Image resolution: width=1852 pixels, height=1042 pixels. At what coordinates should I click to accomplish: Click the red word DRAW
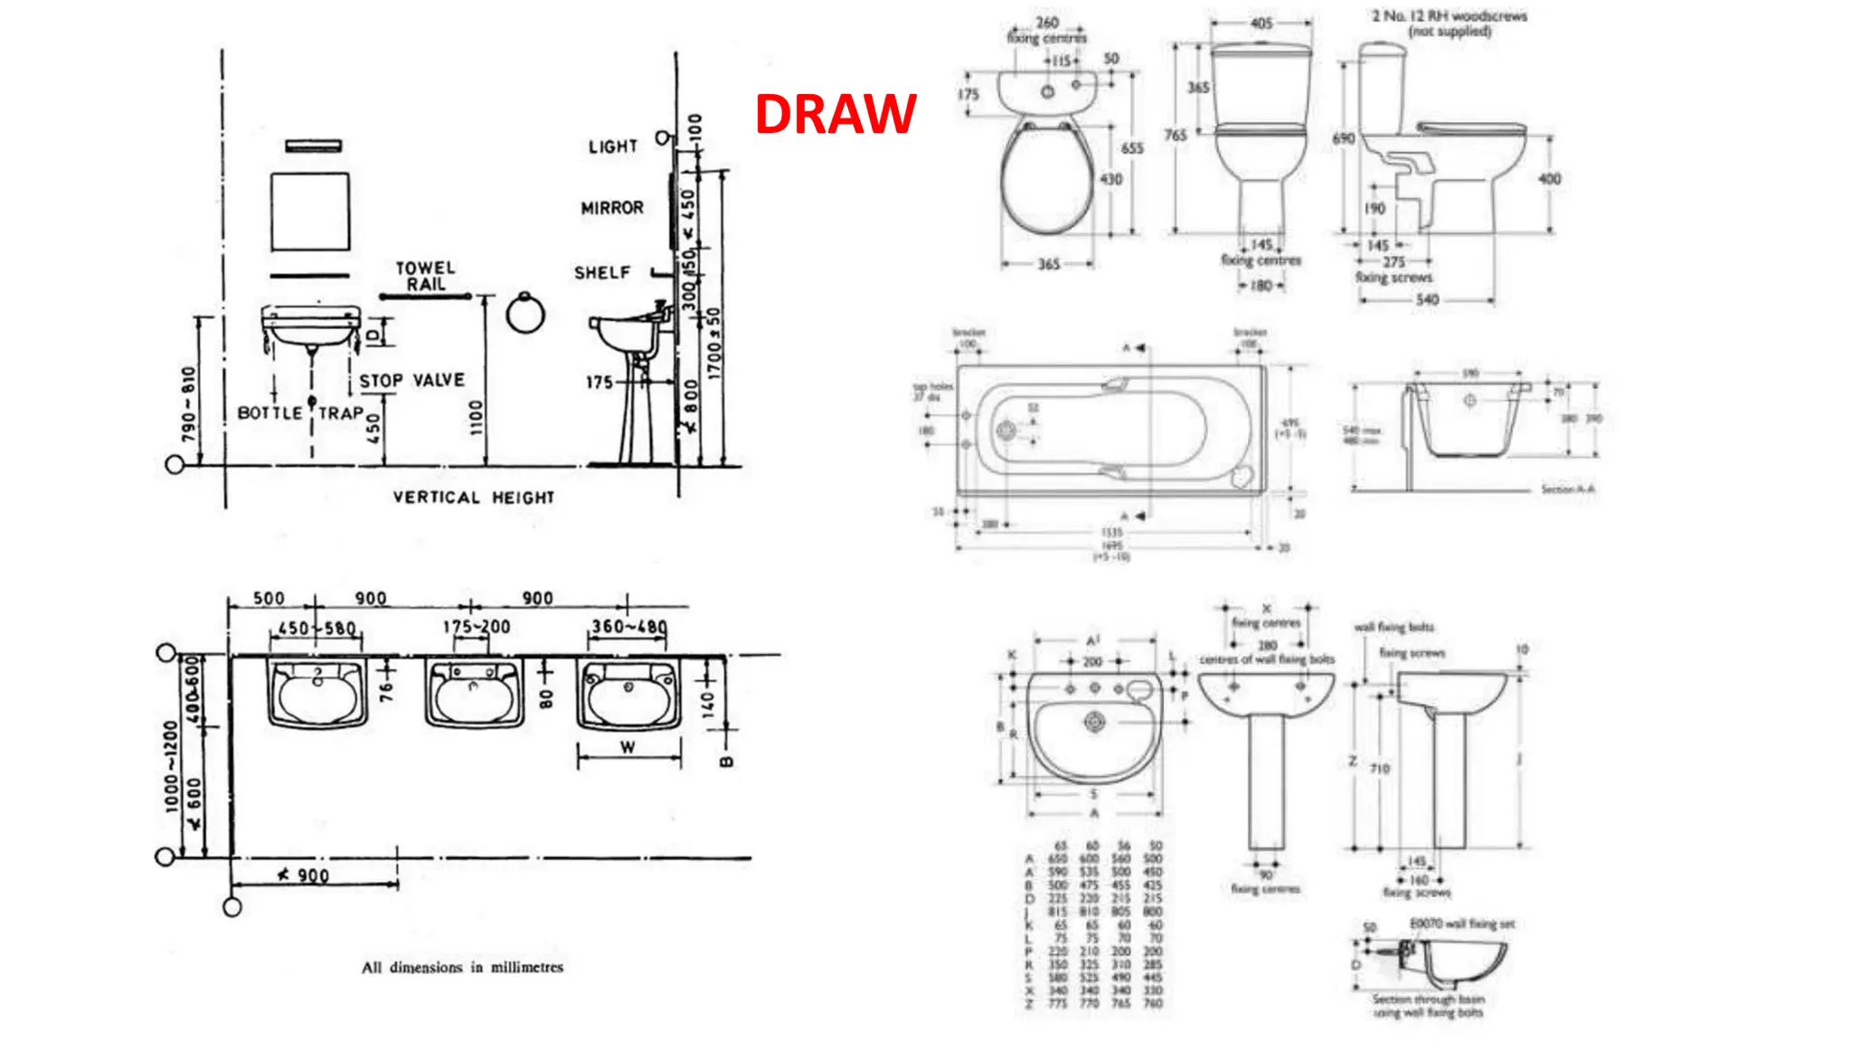pyautogui.click(x=836, y=114)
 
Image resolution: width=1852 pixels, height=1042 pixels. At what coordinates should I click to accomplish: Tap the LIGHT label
pyautogui.click(x=612, y=147)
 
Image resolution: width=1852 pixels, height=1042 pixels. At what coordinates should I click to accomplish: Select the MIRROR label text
pyautogui.click(x=612, y=208)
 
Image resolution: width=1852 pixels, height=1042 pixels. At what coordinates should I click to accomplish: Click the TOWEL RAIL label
pyautogui.click(x=425, y=276)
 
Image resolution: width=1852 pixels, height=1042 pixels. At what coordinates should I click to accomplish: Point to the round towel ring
pyautogui.click(x=525, y=314)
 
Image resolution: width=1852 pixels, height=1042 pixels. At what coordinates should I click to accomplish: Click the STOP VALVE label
pyautogui.click(x=411, y=381)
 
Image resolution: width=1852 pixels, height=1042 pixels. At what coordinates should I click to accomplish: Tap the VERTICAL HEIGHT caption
pyautogui.click(x=473, y=497)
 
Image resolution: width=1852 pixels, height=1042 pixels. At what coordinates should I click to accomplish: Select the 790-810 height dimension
pyautogui.click(x=188, y=404)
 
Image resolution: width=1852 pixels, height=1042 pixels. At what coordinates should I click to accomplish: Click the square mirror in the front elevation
pyautogui.click(x=310, y=212)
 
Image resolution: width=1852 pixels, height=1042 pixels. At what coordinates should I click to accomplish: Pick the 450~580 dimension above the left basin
pyautogui.click(x=317, y=628)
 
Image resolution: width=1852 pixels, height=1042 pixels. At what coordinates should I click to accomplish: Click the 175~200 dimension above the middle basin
pyautogui.click(x=477, y=627)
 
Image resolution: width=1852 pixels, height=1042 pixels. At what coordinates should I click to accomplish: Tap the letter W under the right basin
pyautogui.click(x=628, y=747)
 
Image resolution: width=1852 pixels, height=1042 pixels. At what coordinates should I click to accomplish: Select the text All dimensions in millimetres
pyautogui.click(x=462, y=967)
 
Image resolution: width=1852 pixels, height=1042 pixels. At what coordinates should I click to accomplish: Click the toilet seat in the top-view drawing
pyautogui.click(x=1047, y=181)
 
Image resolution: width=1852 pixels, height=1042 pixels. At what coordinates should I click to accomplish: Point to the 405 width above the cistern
pyautogui.click(x=1261, y=24)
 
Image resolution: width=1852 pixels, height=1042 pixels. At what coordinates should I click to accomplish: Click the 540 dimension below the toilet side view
pyautogui.click(x=1427, y=299)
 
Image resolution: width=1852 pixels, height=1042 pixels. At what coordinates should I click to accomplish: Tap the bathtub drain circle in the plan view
pyautogui.click(x=1006, y=430)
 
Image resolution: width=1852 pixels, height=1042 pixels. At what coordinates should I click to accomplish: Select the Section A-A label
pyautogui.click(x=1567, y=489)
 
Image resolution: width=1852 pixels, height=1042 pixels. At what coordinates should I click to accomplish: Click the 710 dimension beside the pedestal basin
pyautogui.click(x=1379, y=769)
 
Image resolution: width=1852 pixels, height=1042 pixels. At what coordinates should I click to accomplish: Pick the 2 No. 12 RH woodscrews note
pyautogui.click(x=1449, y=24)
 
